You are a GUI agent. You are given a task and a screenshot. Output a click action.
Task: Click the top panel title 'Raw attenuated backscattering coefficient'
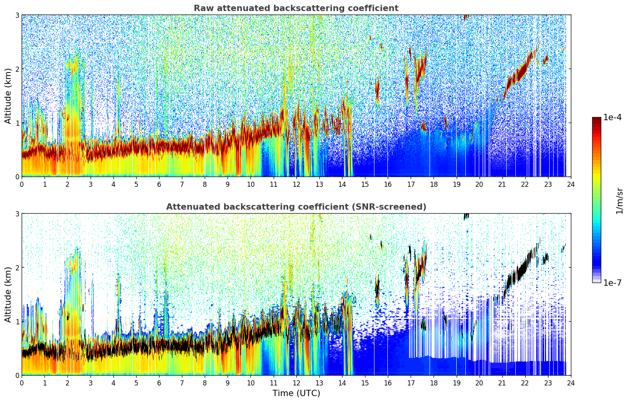[296, 8]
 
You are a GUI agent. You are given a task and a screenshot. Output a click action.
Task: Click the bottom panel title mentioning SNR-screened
[296, 207]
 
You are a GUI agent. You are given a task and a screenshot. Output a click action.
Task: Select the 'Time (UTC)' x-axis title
[296, 393]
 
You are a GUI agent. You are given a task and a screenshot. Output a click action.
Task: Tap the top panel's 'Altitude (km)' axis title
[8, 96]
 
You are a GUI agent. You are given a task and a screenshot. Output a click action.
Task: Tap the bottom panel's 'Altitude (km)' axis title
[8, 294]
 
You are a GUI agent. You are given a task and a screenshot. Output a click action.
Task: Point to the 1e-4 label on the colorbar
[612, 117]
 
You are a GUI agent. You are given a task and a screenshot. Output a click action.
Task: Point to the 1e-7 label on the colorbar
[612, 283]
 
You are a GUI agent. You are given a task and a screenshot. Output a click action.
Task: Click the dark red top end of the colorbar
[597, 119]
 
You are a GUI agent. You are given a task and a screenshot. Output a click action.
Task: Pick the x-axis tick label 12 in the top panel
[296, 184]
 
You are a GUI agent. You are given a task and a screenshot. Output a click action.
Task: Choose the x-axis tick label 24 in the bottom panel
[571, 383]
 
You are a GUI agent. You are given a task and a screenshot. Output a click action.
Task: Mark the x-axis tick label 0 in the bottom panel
[22, 383]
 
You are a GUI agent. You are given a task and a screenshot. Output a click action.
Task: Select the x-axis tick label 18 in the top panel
[433, 184]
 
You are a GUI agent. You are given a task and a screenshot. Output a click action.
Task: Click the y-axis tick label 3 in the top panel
[17, 15]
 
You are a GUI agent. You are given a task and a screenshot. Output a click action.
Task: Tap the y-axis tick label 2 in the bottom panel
[17, 268]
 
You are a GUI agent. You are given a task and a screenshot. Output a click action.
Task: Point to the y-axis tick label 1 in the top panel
[17, 123]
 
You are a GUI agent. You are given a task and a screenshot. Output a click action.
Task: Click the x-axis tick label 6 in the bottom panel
[159, 383]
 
